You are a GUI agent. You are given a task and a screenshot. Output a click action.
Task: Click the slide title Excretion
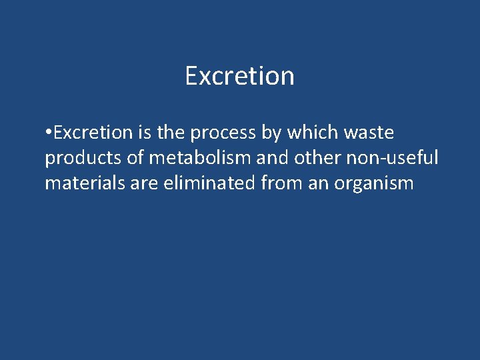tap(239, 76)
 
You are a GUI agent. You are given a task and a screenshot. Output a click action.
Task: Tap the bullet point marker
tap(48, 133)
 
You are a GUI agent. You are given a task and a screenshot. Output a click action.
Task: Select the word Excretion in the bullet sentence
tap(93, 133)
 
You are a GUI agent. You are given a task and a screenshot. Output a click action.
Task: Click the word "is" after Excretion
tap(145, 133)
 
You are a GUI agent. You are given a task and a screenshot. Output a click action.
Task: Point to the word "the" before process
tap(171, 133)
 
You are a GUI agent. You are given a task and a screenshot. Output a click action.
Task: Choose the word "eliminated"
tap(208, 182)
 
